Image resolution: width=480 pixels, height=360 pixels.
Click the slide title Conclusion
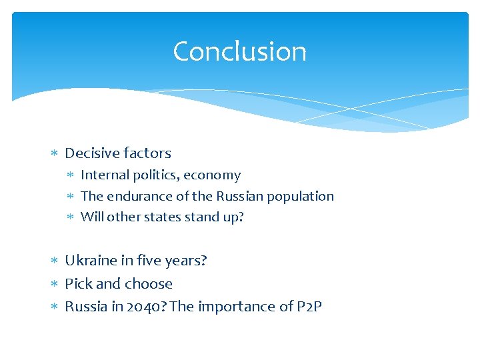coord(239,52)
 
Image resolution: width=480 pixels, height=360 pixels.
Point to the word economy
coord(212,175)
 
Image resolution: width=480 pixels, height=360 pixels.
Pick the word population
coord(301,197)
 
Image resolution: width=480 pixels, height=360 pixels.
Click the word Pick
coord(78,284)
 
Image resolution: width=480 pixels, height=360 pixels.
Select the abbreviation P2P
coord(309,307)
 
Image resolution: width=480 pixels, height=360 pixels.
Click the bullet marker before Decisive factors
coord(55,154)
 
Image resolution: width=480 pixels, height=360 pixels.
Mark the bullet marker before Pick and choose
coord(55,285)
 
